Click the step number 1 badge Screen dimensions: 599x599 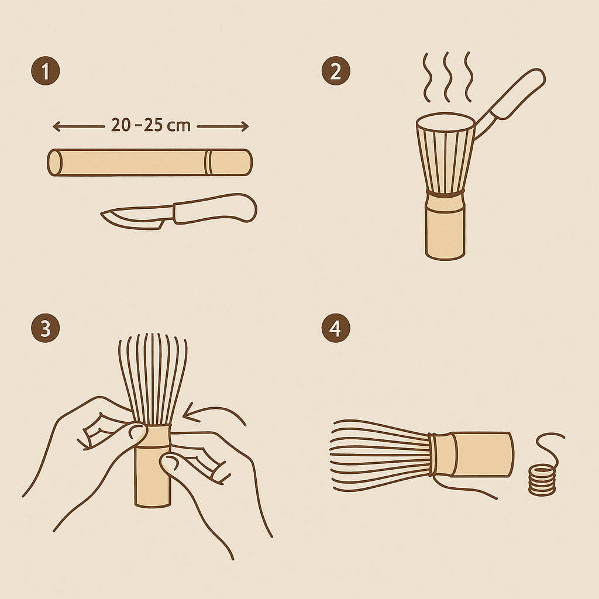point(45,72)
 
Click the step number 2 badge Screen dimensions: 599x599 point(336,72)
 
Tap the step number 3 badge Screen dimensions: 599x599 point(45,328)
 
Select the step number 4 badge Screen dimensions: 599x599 point(336,328)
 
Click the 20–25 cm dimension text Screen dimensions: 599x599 point(150,126)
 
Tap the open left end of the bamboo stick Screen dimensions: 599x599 point(54,162)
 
